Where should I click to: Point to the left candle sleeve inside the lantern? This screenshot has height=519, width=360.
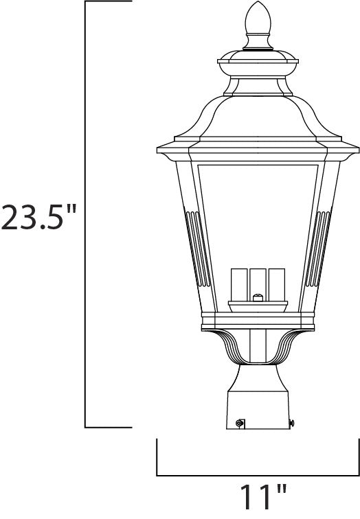241,284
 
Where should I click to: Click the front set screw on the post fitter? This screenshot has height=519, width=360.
240,423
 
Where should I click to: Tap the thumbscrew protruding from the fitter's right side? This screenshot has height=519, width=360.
292,423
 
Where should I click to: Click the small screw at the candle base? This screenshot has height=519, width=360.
258,298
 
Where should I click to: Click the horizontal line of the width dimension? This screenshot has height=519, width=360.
258,475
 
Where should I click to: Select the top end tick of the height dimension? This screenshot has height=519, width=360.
108,3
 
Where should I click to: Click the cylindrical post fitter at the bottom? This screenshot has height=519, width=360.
258,408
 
